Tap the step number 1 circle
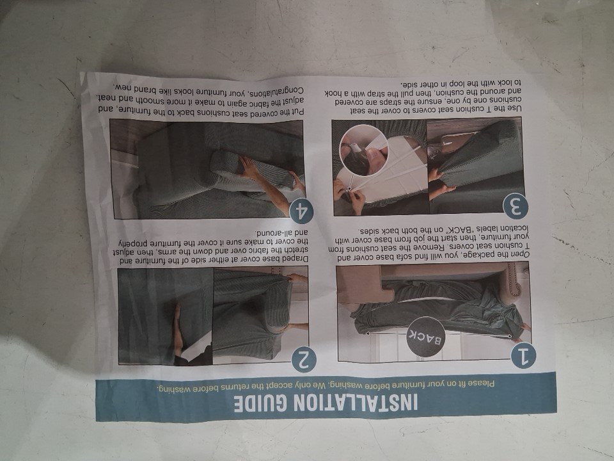(x=523, y=355)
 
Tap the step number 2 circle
(x=304, y=359)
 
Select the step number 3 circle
(x=516, y=206)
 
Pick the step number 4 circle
(x=301, y=211)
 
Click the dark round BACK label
(x=426, y=337)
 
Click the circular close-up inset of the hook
(x=364, y=150)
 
